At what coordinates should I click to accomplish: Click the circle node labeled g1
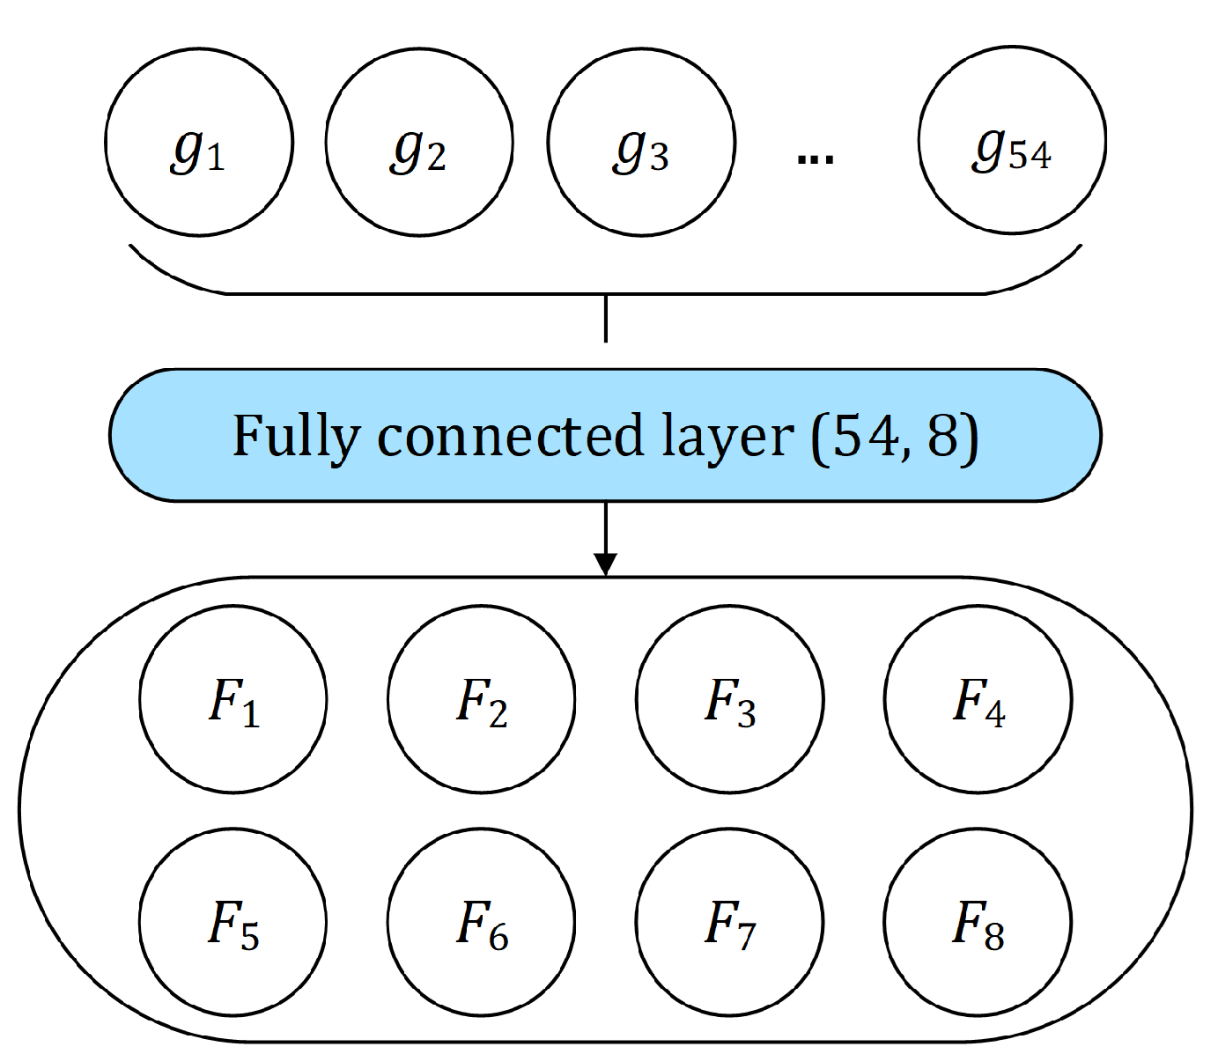tap(199, 142)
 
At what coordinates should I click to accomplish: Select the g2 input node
tap(419, 142)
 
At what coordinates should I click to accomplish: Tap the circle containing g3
tap(641, 142)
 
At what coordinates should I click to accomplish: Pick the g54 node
tap(1012, 142)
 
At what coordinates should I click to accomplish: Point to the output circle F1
tap(233, 699)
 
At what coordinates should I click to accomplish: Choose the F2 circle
tap(481, 699)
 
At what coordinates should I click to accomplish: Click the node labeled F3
tap(729, 699)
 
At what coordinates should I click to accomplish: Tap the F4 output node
tap(978, 699)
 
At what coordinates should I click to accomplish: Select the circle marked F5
tap(233, 922)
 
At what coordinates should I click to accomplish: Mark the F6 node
tap(481, 922)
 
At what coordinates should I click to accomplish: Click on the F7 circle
tap(729, 922)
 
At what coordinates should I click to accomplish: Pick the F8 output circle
tap(978, 922)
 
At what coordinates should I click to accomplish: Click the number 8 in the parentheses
tap(941, 435)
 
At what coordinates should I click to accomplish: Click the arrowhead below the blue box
tap(605, 564)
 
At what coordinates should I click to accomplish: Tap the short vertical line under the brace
tap(605, 319)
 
